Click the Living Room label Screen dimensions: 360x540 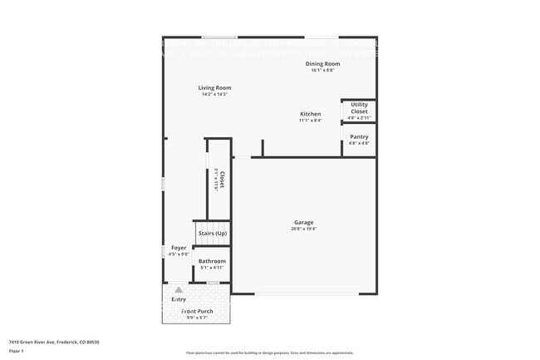pyautogui.click(x=214, y=87)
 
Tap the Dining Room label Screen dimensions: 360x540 pyautogui.click(x=322, y=64)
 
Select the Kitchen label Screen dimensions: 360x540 pyautogui.click(x=311, y=114)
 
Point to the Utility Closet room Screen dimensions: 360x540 pyautogui.click(x=359, y=111)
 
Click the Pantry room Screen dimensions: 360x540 pyautogui.click(x=359, y=140)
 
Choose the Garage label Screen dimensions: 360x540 pyautogui.click(x=303, y=222)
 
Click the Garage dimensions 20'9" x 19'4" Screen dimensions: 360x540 pyautogui.click(x=303, y=229)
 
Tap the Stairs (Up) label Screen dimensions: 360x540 pyautogui.click(x=212, y=234)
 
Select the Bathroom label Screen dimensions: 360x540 pyautogui.click(x=212, y=261)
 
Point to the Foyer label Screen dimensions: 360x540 pyautogui.click(x=179, y=248)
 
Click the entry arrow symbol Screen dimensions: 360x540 pyautogui.click(x=178, y=289)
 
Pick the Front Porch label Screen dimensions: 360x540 pyautogui.click(x=198, y=311)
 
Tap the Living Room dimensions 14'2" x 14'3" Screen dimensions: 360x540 pyautogui.click(x=214, y=94)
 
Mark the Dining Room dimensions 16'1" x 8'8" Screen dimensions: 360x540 pyautogui.click(x=322, y=71)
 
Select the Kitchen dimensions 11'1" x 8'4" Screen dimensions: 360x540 pyautogui.click(x=311, y=121)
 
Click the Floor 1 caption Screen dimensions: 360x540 pyautogui.click(x=17, y=351)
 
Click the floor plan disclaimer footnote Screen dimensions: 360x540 pyautogui.click(x=270, y=353)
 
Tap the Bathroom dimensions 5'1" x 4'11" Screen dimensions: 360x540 pyautogui.click(x=212, y=268)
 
